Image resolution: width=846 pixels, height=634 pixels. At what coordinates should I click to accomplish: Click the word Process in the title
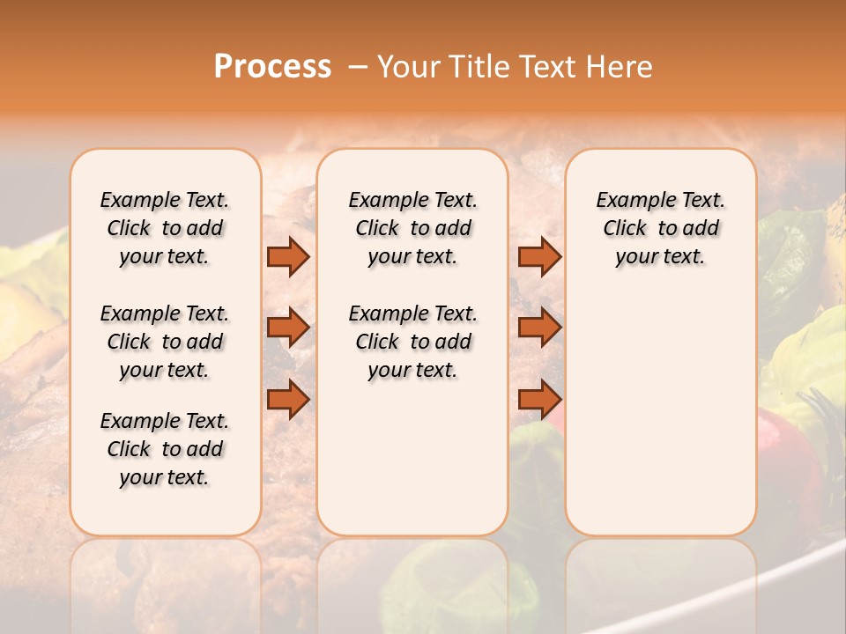click(272, 66)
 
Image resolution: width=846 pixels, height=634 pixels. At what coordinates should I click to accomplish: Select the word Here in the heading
click(622, 67)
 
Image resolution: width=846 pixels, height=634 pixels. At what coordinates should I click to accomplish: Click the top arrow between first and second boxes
click(288, 257)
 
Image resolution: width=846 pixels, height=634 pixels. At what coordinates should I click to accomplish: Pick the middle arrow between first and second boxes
click(288, 328)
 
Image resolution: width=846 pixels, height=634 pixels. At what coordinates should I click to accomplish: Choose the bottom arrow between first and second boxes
click(288, 399)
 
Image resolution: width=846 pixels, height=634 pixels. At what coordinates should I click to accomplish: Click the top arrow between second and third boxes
click(539, 257)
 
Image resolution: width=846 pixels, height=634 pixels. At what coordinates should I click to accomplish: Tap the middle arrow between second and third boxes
click(539, 328)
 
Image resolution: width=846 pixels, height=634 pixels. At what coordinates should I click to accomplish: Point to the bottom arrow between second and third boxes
click(539, 399)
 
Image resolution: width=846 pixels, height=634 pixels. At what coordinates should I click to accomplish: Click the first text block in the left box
click(165, 228)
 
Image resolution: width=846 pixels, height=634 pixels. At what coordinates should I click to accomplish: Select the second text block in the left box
click(165, 342)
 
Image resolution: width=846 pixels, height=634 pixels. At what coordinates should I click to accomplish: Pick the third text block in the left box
click(165, 449)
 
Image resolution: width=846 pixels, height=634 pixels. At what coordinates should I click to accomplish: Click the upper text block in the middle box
click(412, 228)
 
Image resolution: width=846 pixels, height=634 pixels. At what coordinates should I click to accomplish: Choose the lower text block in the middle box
click(412, 342)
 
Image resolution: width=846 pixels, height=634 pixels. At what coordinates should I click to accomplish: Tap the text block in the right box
click(660, 228)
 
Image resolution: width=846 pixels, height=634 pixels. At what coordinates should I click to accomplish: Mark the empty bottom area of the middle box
click(412, 467)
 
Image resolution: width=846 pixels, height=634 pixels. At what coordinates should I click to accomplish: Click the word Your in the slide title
click(404, 67)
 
